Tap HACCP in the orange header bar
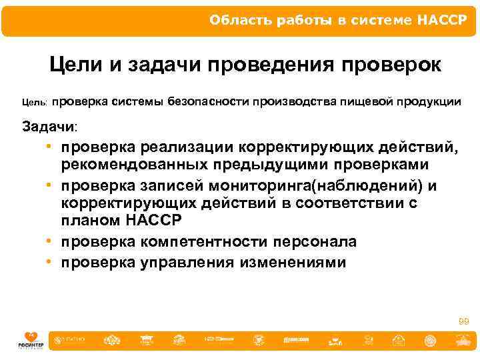tap(443, 19)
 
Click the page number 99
tap(464, 322)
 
